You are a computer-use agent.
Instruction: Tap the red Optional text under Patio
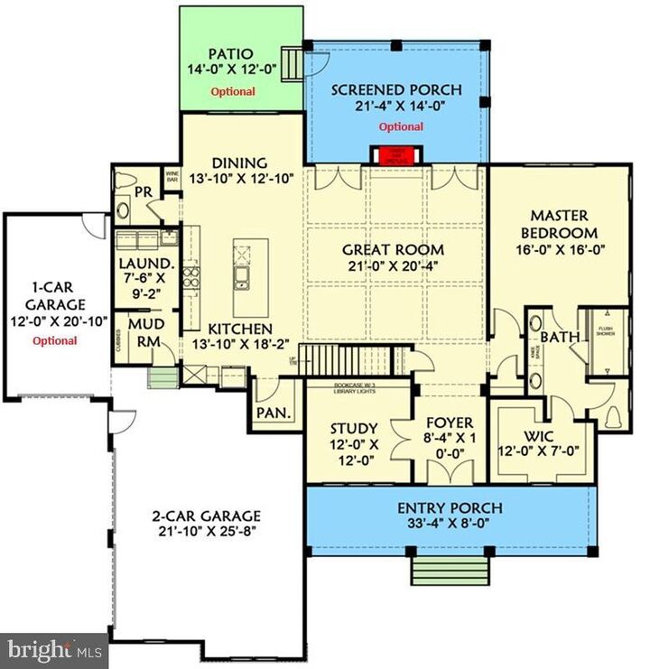pyautogui.click(x=233, y=91)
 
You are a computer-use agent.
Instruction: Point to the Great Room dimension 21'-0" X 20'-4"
pyautogui.click(x=395, y=267)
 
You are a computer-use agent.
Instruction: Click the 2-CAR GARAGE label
pyautogui.click(x=206, y=516)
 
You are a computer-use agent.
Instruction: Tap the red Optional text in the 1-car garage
pyautogui.click(x=54, y=340)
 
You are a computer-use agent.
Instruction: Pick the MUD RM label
pyautogui.click(x=144, y=331)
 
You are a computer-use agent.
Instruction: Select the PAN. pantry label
pyautogui.click(x=272, y=413)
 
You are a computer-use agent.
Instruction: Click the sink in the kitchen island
pyautogui.click(x=242, y=276)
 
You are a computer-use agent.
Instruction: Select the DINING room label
pyautogui.click(x=240, y=163)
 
